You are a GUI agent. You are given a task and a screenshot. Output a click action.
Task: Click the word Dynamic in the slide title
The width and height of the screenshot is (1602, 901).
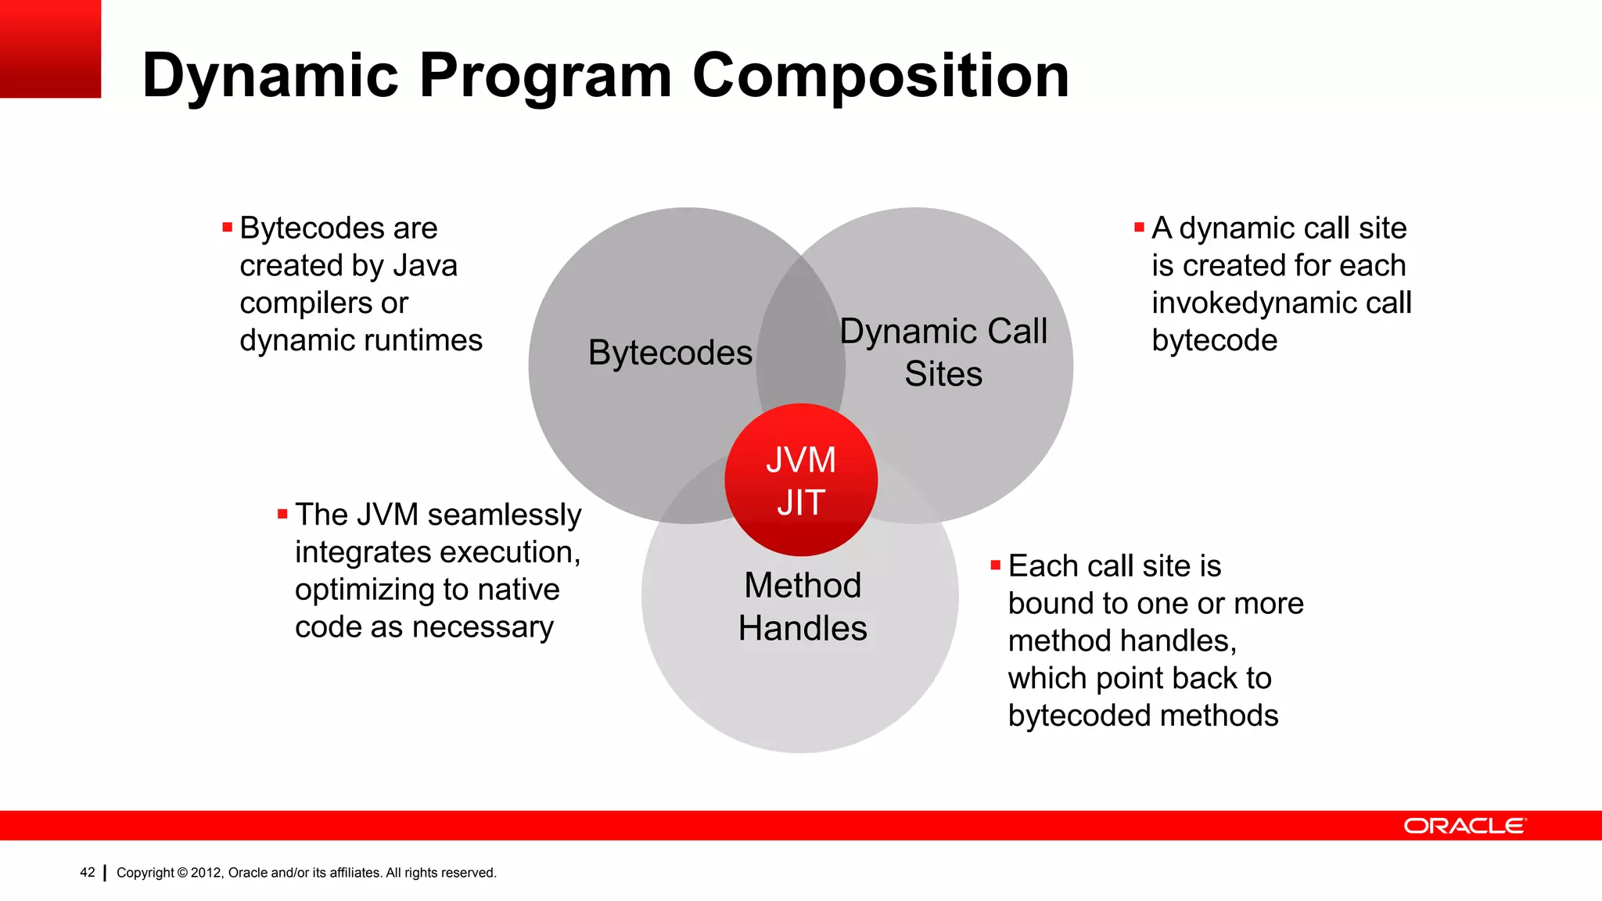coord(271,76)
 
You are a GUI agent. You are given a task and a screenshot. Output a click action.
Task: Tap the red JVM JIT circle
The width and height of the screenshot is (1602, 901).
coord(801,479)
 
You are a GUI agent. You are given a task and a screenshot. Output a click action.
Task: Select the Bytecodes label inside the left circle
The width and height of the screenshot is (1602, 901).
coord(670,353)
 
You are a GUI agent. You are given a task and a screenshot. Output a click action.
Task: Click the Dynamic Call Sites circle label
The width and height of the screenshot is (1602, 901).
coord(943,353)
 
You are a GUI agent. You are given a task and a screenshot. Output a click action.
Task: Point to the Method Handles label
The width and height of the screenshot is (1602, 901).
coord(803,607)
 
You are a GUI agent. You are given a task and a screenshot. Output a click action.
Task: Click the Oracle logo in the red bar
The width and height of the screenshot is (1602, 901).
coord(1464,826)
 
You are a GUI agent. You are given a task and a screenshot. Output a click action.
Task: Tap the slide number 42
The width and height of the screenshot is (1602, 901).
coord(88,872)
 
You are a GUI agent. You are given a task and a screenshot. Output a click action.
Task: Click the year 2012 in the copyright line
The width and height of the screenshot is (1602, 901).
coord(207,873)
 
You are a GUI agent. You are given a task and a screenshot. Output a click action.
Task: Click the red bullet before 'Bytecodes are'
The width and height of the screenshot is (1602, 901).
coord(228,228)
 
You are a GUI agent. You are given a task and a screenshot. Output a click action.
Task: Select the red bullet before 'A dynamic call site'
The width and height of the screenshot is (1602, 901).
coord(1139,228)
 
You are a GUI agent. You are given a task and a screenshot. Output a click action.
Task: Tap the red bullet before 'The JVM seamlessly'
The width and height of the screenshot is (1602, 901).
coord(282,514)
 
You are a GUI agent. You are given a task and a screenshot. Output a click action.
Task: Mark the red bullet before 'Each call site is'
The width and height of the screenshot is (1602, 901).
coord(996,565)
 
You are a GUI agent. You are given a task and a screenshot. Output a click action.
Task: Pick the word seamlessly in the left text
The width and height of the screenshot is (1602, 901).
coord(505,515)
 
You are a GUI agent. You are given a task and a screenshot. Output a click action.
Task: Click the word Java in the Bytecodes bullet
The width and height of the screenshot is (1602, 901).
coord(425,266)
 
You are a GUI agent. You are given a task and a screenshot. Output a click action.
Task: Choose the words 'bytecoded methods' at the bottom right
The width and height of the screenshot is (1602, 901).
coord(1143,716)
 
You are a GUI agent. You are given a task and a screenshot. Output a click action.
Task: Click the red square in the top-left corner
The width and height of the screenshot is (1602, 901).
coord(50,48)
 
